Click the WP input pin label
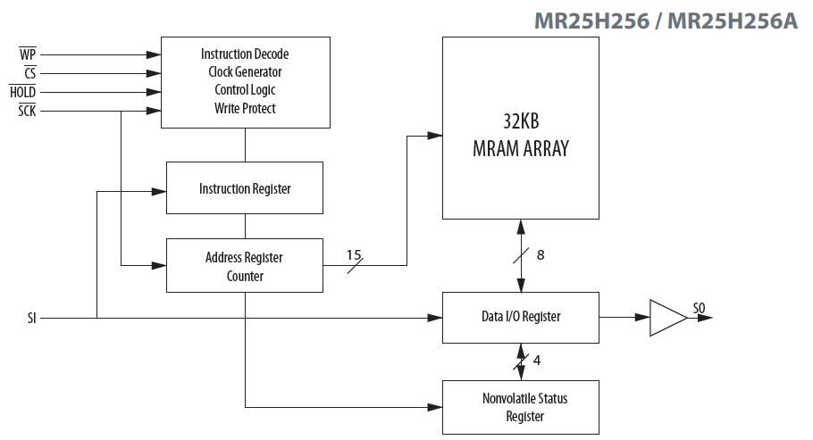point(28,54)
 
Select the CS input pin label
point(29,73)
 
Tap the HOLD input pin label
point(23,92)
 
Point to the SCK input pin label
point(27,112)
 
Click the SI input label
point(32,317)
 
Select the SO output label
point(699,309)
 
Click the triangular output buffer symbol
point(665,317)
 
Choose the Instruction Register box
point(245,188)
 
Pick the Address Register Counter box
point(245,266)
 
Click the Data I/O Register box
point(521,317)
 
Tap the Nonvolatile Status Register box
point(521,407)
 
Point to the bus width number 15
point(354,254)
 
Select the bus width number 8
point(540,254)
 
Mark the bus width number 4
point(537,361)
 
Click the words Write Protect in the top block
point(245,109)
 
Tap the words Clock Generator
point(245,72)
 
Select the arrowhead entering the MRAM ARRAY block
point(435,136)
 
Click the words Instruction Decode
point(245,54)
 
